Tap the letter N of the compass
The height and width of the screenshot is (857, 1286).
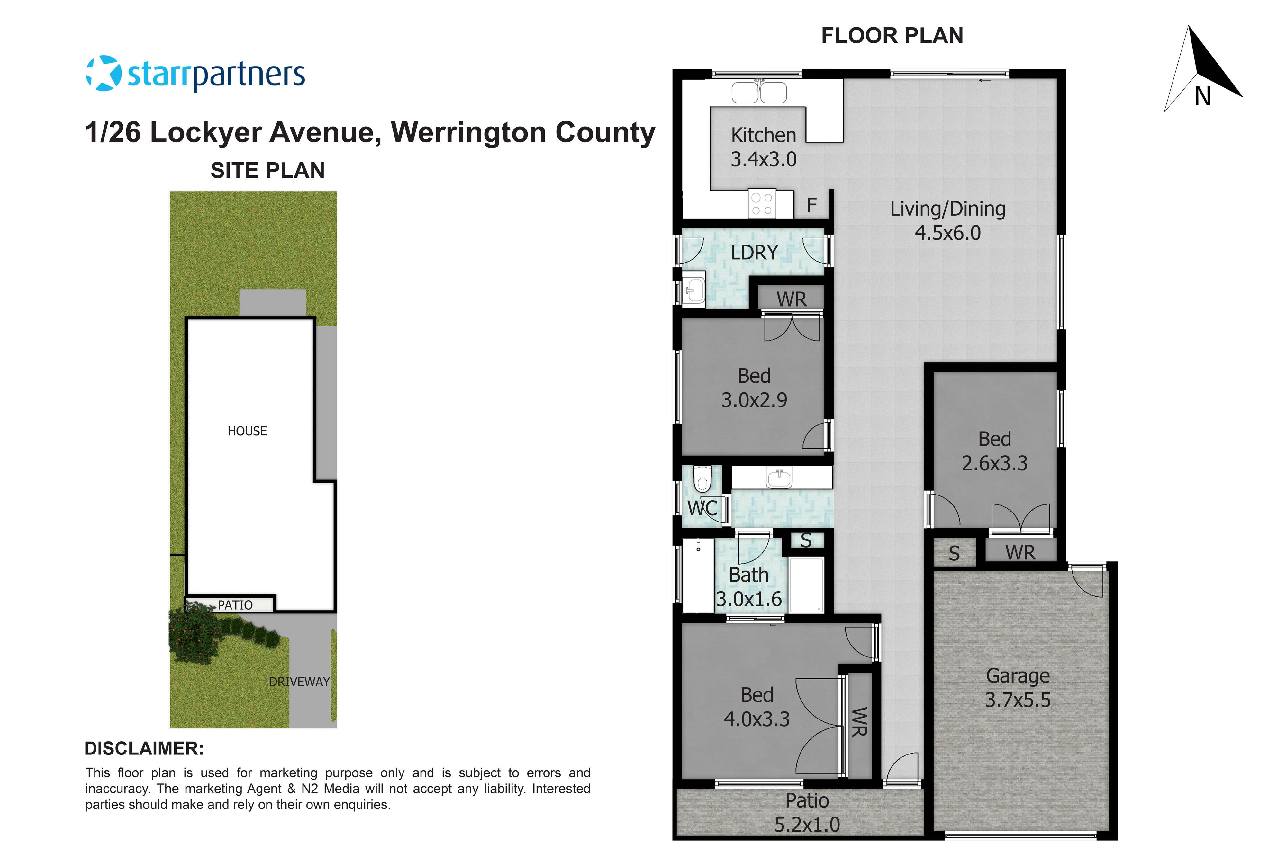1202,97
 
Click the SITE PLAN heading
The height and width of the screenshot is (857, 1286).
267,171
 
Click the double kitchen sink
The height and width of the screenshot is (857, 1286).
759,92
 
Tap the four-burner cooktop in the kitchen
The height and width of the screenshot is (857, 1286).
762,204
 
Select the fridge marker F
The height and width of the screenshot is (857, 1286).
811,206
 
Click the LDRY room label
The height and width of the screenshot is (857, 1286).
754,253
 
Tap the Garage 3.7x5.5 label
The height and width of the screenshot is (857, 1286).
1018,688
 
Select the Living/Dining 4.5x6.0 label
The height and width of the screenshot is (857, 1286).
947,221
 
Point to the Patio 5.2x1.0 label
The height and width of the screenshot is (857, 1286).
807,812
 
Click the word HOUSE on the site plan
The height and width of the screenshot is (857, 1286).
247,431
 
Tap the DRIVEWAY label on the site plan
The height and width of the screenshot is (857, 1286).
299,682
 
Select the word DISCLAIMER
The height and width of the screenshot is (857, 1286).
144,748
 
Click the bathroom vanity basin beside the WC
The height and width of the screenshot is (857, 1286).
779,478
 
